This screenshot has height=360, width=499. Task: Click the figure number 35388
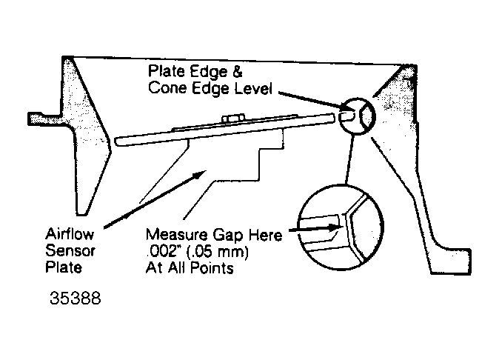click(x=76, y=299)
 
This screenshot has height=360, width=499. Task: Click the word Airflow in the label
click(x=70, y=234)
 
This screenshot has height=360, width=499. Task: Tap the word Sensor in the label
click(x=70, y=250)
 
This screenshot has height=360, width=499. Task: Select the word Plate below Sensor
click(x=64, y=267)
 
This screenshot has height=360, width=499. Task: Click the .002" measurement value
click(x=161, y=251)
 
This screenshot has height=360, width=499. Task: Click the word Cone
click(x=168, y=87)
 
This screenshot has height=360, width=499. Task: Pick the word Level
click(x=253, y=88)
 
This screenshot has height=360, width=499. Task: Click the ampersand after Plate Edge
click(x=237, y=71)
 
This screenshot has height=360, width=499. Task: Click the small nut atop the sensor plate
click(x=233, y=118)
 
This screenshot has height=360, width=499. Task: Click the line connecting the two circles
click(x=349, y=160)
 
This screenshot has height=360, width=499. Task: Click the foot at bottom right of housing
click(x=451, y=261)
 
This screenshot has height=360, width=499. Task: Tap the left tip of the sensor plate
click(x=115, y=142)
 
